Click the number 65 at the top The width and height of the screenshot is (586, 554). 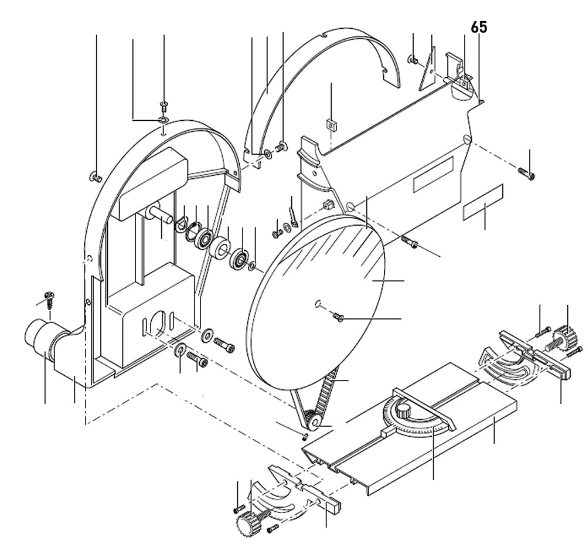[479, 28]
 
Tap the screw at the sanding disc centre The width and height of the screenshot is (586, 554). [338, 318]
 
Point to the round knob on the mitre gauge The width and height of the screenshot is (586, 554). [403, 410]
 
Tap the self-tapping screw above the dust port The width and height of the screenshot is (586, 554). [49, 300]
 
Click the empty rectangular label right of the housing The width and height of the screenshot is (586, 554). [483, 202]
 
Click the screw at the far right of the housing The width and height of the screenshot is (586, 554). [526, 173]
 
